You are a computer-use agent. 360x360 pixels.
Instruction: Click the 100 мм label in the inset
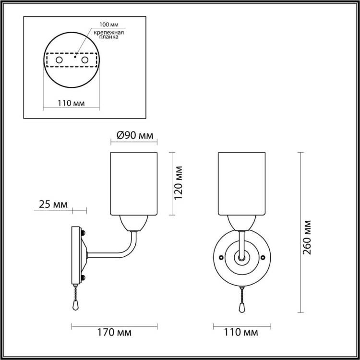pos(109,24)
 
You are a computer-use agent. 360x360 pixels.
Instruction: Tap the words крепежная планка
pos(109,35)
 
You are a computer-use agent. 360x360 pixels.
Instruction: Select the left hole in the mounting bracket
pos(59,60)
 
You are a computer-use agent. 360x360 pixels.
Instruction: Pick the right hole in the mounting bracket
pos(84,60)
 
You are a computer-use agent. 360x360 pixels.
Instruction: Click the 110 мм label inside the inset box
pos(71,103)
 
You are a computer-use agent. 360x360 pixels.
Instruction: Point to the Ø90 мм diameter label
pos(135,135)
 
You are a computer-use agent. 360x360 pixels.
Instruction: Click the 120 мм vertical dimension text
pos(179,183)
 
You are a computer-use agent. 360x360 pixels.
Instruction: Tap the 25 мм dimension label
pos(53,204)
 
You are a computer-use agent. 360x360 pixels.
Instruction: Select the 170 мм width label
pos(115,332)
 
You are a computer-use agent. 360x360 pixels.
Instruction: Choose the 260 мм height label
pos(307,238)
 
